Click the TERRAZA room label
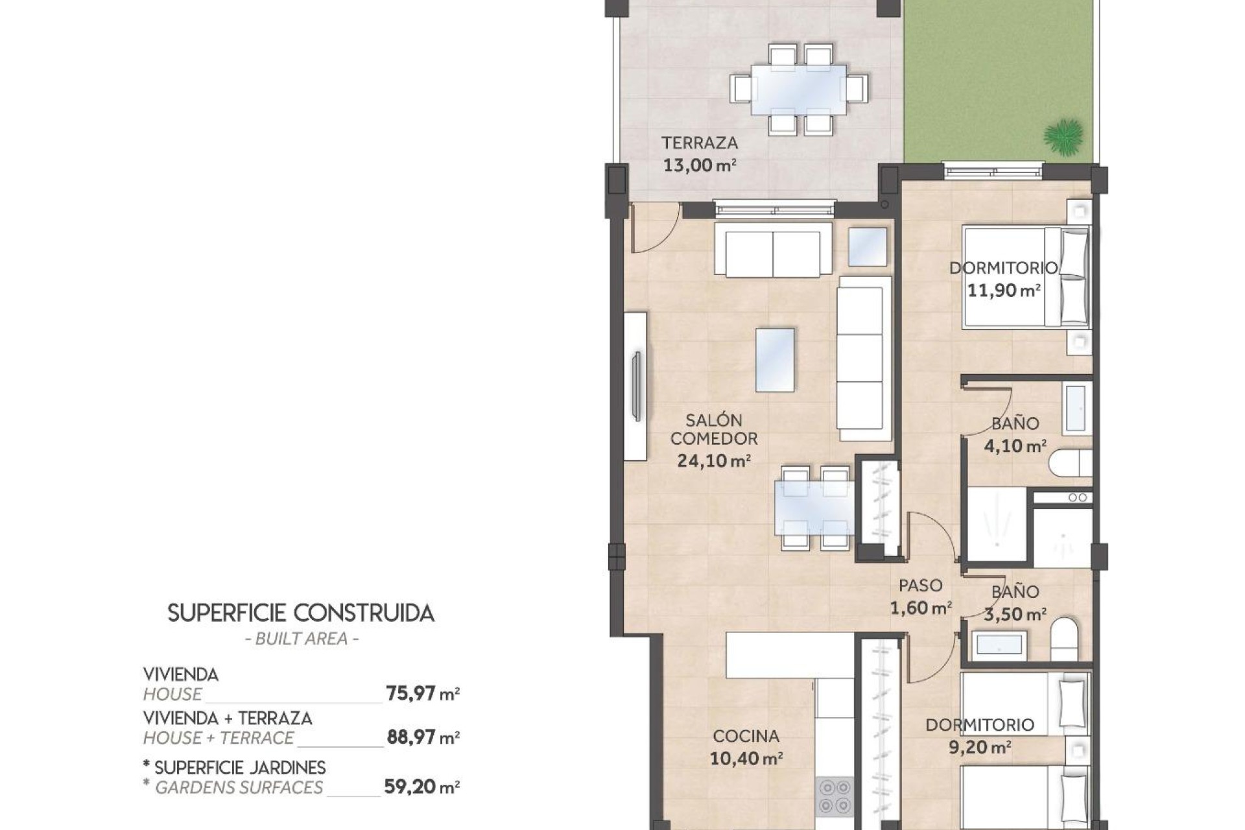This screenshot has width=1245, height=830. click(x=699, y=143)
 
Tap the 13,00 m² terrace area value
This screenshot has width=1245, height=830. click(x=699, y=165)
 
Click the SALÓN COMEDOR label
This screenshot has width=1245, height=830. click(x=713, y=429)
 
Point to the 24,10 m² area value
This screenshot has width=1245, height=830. click(x=713, y=461)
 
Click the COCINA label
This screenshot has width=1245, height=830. click(x=746, y=736)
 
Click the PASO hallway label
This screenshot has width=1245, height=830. click(x=920, y=586)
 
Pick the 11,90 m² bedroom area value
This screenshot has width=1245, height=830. click(x=1003, y=290)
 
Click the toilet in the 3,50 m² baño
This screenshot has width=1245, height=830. click(x=1064, y=638)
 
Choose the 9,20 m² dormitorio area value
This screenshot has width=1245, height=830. click(x=979, y=748)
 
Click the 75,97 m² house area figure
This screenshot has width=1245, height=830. click(x=422, y=694)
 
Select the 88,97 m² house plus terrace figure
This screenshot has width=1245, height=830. click(x=422, y=737)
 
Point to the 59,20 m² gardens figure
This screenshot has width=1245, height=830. click(x=421, y=787)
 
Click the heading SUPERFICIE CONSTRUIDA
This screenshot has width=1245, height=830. click(x=301, y=613)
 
